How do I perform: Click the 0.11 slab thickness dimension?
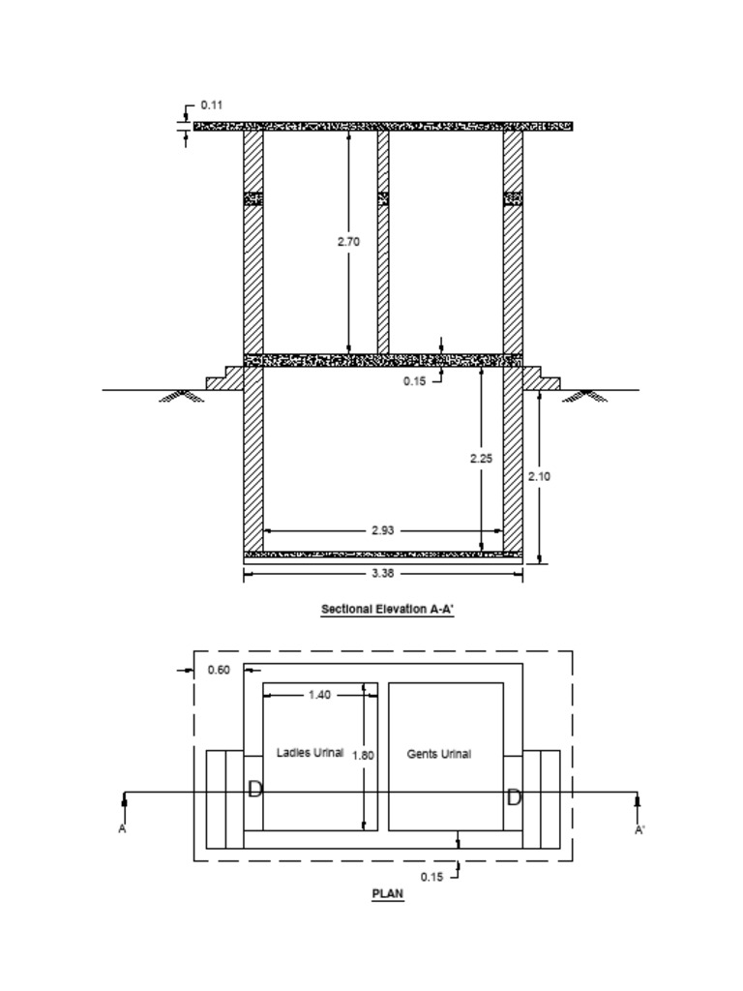[212, 105]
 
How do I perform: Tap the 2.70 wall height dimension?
[348, 242]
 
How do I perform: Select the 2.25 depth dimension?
[481, 458]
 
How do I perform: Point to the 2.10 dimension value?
[539, 476]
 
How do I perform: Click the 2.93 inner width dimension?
[382, 530]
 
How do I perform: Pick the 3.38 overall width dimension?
[382, 574]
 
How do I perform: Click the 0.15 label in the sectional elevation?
[414, 381]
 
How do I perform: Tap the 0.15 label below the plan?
[431, 877]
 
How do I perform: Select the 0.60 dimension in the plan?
[220, 670]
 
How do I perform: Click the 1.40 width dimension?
[319, 695]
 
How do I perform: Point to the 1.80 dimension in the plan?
[363, 755]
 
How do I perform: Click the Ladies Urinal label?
[310, 752]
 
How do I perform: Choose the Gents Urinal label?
[438, 754]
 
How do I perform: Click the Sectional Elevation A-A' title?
[387, 610]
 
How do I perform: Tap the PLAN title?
[387, 894]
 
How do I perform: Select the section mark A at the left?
[123, 829]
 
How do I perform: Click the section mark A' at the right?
[639, 830]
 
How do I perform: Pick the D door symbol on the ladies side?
[255, 790]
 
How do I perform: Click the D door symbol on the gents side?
[514, 797]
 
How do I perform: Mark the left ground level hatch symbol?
[181, 395]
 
